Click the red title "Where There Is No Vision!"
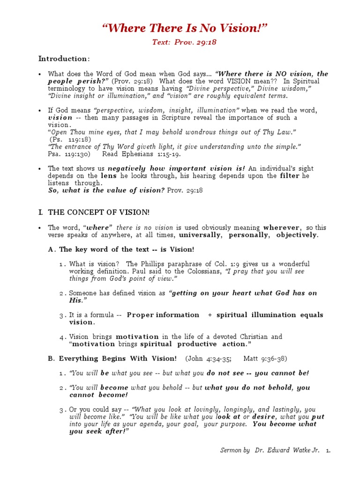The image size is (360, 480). point(185,28)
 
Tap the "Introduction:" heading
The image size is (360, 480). point(64,59)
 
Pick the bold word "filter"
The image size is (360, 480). point(290,176)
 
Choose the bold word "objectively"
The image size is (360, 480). point(297,235)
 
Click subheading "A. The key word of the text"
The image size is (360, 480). point(121,249)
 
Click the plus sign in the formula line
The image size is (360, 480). point(210,315)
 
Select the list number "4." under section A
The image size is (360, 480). point(62,337)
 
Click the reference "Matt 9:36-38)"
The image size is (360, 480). point(265,359)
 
